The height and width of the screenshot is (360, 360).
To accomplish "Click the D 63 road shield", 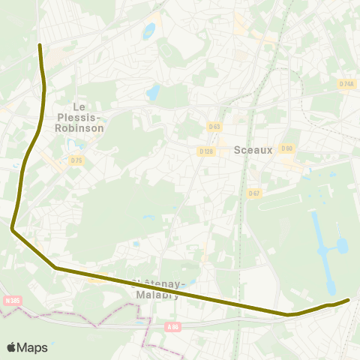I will click(x=215, y=126).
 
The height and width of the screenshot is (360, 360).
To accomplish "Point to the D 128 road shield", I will click(x=206, y=151).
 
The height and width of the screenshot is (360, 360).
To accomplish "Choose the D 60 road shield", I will click(x=286, y=148).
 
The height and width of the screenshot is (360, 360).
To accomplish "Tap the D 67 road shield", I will click(x=253, y=193).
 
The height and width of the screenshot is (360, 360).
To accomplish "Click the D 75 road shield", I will click(x=76, y=160).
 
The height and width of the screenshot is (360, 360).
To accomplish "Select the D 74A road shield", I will click(x=346, y=84).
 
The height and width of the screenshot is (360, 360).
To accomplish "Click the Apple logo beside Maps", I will click(x=11, y=347).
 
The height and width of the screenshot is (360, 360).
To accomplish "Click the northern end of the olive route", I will click(x=40, y=45).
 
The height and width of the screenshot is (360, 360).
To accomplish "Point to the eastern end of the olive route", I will click(x=348, y=300).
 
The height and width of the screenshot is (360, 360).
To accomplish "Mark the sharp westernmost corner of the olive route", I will click(x=13, y=229).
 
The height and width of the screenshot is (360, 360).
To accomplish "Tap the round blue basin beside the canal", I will click(x=343, y=245).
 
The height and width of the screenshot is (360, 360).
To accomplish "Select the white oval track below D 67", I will click(x=286, y=202).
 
